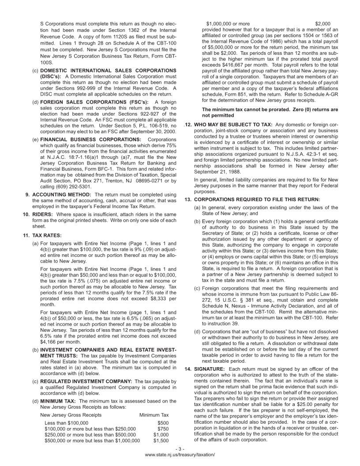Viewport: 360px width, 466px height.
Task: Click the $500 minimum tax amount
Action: coord(163,423)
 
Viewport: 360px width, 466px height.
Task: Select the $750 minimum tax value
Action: coord(163,428)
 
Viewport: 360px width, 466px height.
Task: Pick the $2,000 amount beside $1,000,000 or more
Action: coord(323,23)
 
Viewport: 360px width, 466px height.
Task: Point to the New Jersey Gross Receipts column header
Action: coord(71,415)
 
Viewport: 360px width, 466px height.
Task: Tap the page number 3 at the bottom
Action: coord(180,449)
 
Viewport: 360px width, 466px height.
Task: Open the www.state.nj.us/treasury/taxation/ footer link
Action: coord(180,455)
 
